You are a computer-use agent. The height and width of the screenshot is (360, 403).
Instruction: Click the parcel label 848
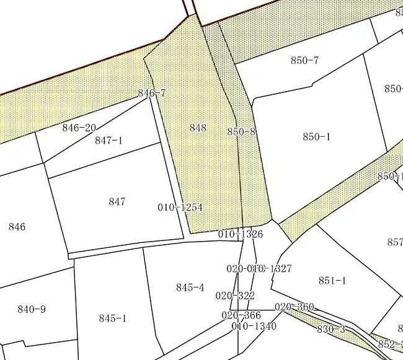pyautogui.click(x=198, y=128)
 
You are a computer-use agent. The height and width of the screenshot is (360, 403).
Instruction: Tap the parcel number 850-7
pyautogui.click(x=304, y=60)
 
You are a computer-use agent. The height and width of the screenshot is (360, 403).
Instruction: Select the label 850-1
pyautogui.click(x=316, y=137)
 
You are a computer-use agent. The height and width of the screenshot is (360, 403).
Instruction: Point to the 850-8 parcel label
pyautogui.click(x=242, y=132)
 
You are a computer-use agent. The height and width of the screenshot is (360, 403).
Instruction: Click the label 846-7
pyautogui.click(x=152, y=94)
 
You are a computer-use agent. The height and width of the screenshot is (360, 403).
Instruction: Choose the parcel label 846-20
pyautogui.click(x=79, y=128)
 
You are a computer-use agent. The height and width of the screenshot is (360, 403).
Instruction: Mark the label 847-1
pyautogui.click(x=108, y=141)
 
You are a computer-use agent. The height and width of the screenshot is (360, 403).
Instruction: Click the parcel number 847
pyautogui.click(x=117, y=201)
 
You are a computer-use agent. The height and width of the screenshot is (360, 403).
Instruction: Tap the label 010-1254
pyautogui.click(x=180, y=208)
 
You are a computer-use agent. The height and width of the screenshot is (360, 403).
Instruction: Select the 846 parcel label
pyautogui.click(x=17, y=227)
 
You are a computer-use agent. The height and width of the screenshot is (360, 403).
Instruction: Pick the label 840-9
pyautogui.click(x=32, y=309)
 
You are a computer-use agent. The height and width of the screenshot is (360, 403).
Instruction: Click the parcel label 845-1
pyautogui.click(x=112, y=318)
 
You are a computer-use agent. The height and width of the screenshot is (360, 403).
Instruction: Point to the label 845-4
pyautogui.click(x=190, y=288)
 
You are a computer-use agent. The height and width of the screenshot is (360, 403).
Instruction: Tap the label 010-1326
pyautogui.click(x=241, y=234)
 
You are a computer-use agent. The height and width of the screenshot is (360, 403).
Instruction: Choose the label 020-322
pyautogui.click(x=235, y=296)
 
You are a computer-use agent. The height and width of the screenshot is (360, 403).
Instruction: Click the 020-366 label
pyautogui.click(x=241, y=315)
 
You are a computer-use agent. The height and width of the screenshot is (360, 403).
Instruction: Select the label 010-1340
pyautogui.click(x=254, y=327)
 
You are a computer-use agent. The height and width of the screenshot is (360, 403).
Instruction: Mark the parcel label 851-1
pyautogui.click(x=332, y=281)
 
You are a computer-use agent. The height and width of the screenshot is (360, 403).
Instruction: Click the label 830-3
pyautogui.click(x=331, y=329)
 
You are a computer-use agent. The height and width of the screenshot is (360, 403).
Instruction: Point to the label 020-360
pyautogui.click(x=294, y=307)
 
